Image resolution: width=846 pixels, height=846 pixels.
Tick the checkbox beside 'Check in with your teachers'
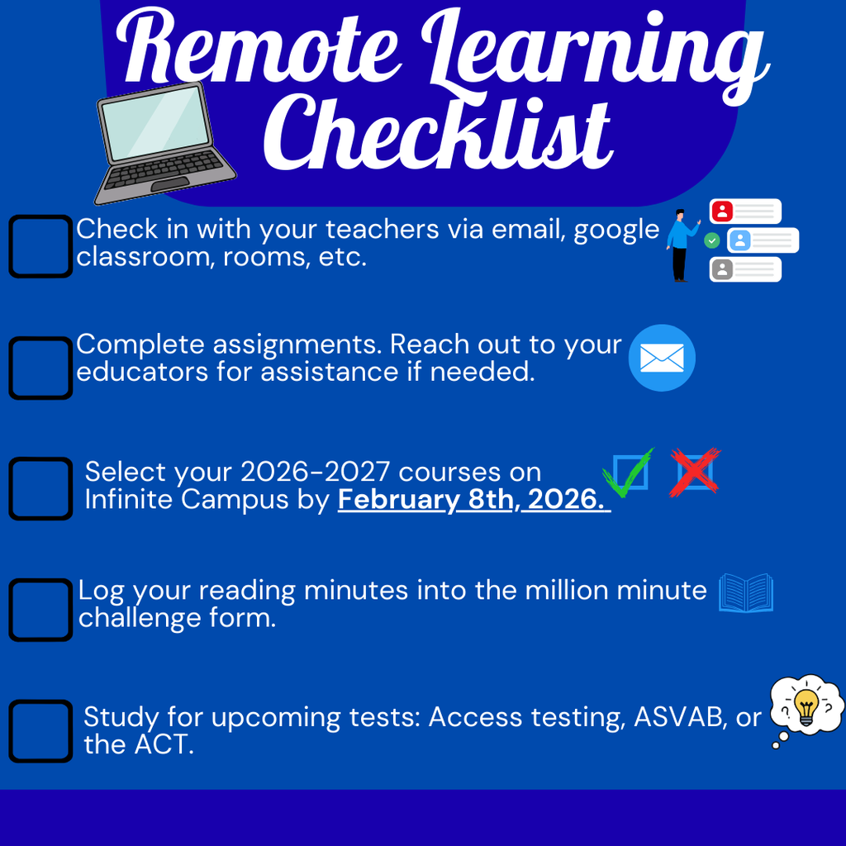[40, 246]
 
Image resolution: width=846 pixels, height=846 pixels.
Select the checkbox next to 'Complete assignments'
[40, 368]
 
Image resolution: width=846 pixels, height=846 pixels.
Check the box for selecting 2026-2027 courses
[40, 488]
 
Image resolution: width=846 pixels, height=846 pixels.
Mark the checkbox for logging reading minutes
[40, 610]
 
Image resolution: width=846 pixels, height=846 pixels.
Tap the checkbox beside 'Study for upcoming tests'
[40, 731]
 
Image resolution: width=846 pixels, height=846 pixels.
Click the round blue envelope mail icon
[662, 358]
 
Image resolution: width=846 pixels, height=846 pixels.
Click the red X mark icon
[695, 473]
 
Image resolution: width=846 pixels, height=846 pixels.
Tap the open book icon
[746, 593]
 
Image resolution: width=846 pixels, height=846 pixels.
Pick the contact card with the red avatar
[745, 211]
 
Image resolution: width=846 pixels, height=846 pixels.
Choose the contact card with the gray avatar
[745, 269]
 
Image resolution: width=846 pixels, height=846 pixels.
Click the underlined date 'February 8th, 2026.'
[473, 501]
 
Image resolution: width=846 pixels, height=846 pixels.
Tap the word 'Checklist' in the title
[442, 132]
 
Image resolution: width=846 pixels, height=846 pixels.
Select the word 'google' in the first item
[616, 231]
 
